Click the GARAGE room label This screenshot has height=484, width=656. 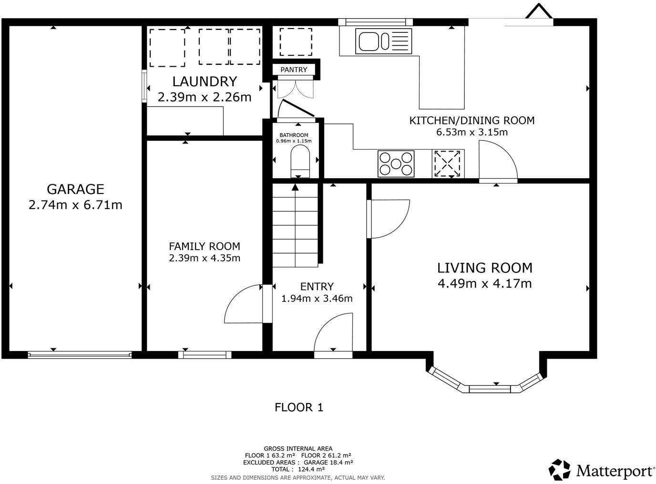(x=75, y=189)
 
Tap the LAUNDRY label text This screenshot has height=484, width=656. (x=205, y=81)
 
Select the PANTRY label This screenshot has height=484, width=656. (x=294, y=70)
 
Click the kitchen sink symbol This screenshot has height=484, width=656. (x=383, y=41)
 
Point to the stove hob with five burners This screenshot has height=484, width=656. (x=396, y=163)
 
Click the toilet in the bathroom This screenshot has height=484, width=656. (x=300, y=161)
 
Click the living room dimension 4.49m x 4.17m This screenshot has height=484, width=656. (x=485, y=283)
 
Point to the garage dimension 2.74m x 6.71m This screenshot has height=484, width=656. (x=75, y=205)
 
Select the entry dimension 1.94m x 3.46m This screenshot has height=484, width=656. (x=317, y=298)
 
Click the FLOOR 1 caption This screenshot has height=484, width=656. (x=299, y=407)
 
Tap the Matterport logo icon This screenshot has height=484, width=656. (x=559, y=470)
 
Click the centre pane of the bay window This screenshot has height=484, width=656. (x=490, y=389)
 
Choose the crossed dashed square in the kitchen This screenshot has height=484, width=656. (x=447, y=164)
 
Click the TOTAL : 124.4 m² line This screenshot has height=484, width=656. (x=298, y=469)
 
